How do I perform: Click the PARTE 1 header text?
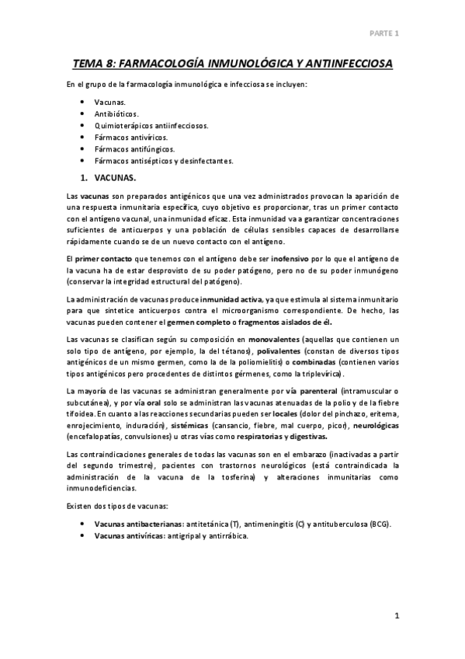(x=384, y=34)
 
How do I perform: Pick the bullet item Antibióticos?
(x=116, y=113)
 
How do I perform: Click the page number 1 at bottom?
(x=396, y=616)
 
